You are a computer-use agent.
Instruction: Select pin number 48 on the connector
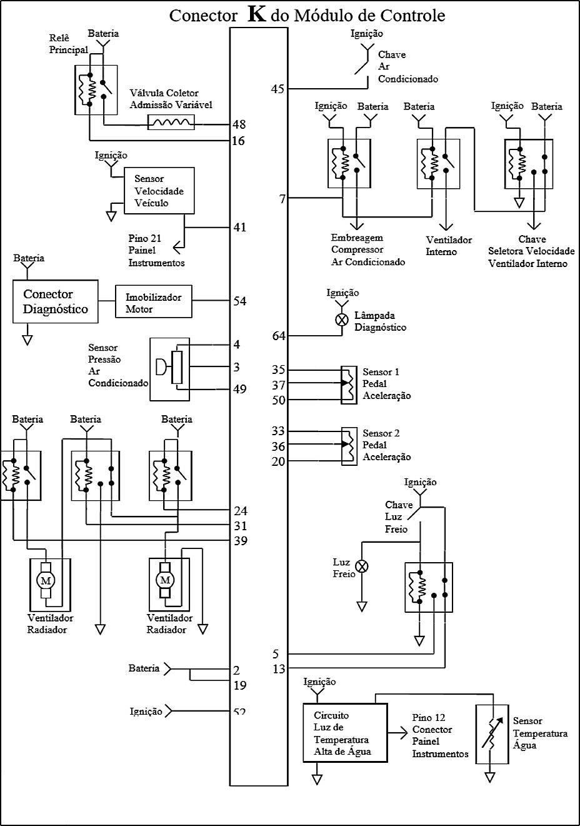coord(238,124)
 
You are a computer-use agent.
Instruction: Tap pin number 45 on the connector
coord(277,89)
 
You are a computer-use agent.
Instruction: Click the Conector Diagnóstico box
coord(56,301)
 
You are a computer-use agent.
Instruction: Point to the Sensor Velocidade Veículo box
coord(159,191)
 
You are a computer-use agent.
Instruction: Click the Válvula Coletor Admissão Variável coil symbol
coord(171,123)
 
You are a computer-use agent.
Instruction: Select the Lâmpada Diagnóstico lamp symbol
coord(342,320)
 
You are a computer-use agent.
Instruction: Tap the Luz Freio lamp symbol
coord(361,567)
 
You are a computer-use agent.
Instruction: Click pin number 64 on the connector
coord(279,336)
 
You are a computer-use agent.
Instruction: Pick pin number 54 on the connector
coord(239,301)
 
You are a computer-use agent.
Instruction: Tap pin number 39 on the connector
coord(240,541)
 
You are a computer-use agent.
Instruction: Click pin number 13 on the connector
coord(279,670)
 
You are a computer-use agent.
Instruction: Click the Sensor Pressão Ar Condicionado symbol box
coord(170,369)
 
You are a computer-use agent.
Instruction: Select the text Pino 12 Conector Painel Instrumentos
coord(440,736)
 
